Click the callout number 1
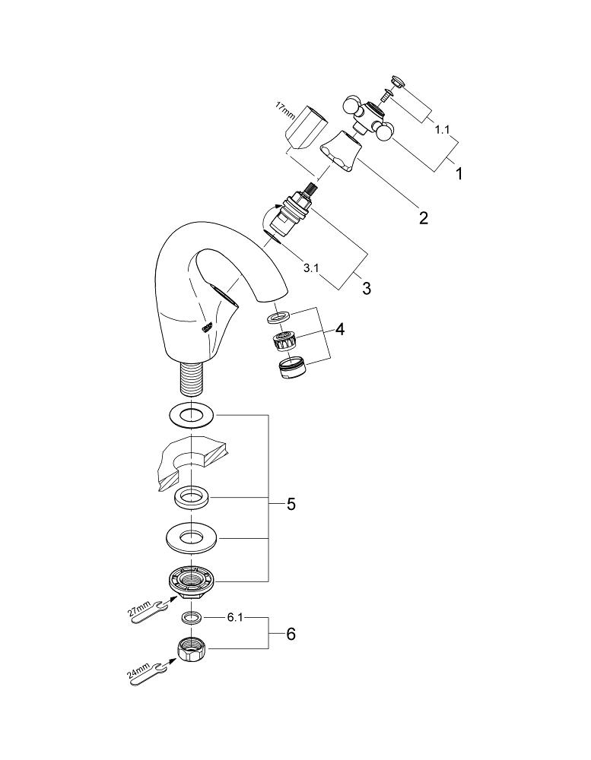coord(459,173)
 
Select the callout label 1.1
coord(440,130)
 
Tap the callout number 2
coord(423,219)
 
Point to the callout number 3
coord(367,289)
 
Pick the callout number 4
coord(340,330)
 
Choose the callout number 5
coord(291,504)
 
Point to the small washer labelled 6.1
coord(192,616)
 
